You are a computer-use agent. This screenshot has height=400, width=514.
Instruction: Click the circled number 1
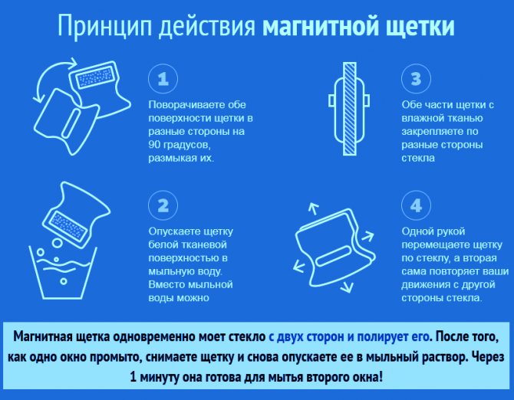163,79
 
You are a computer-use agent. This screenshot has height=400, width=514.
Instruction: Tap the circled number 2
163,205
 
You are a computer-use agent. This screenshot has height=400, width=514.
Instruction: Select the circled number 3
416,79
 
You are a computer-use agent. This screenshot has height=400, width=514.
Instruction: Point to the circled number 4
416,205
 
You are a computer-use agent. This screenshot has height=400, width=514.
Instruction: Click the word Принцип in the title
105,26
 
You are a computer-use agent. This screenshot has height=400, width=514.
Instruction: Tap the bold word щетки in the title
420,26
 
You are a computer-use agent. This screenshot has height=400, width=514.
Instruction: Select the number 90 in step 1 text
154,144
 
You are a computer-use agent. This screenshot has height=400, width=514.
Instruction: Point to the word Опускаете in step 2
173,231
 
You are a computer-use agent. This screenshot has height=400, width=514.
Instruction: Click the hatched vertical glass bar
349,109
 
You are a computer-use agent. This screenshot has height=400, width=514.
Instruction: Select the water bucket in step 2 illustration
63,273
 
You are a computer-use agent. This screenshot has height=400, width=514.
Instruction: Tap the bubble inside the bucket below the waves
63,281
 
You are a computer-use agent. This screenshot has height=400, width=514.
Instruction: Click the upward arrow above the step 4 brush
314,208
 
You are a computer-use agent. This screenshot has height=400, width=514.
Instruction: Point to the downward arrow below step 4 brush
347,287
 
